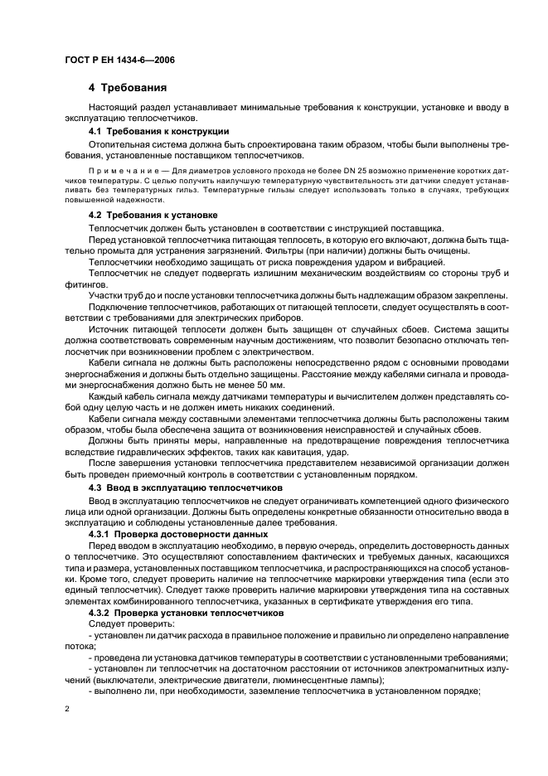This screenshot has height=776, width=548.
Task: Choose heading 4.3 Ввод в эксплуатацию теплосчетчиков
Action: pyautogui.click(x=186, y=488)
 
